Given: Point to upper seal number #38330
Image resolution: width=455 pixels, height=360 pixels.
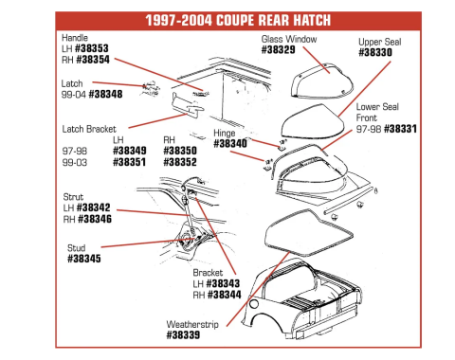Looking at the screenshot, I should pyautogui.click(x=380, y=53).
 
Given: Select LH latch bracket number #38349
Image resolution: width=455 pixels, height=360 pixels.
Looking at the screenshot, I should pyautogui.click(x=128, y=151).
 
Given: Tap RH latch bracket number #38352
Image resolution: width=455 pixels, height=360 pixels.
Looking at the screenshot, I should pyautogui.click(x=180, y=161).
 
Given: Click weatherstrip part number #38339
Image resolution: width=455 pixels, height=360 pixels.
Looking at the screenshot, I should pyautogui.click(x=184, y=333).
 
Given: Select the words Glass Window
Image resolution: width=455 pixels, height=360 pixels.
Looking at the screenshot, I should pyautogui.click(x=288, y=40).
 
